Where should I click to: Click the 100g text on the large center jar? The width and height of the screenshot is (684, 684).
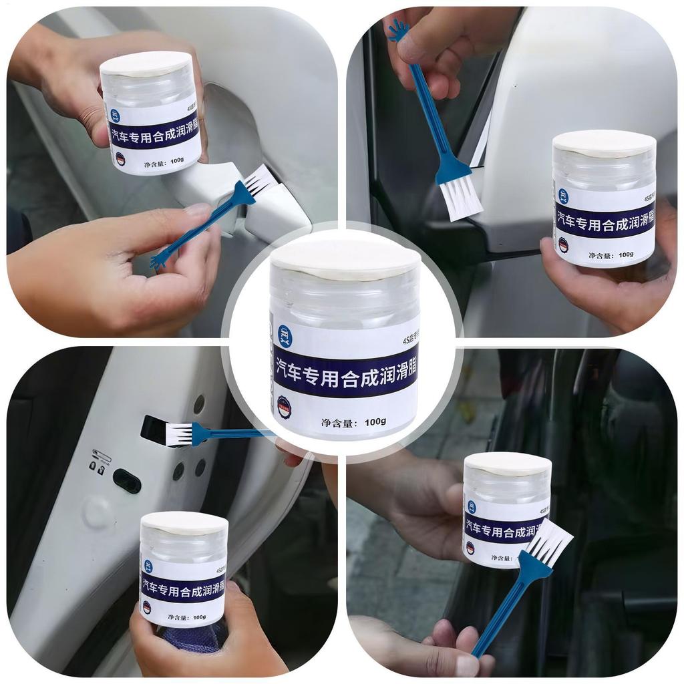376,421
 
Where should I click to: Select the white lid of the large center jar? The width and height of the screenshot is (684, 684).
345,257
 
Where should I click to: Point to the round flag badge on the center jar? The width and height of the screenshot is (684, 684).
285,407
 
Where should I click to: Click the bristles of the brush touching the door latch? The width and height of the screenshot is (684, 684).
177,433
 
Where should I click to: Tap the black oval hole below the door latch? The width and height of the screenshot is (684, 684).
127,480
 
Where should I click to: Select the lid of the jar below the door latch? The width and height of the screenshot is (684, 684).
184,522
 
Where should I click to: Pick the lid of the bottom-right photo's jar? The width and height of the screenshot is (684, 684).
508,464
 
